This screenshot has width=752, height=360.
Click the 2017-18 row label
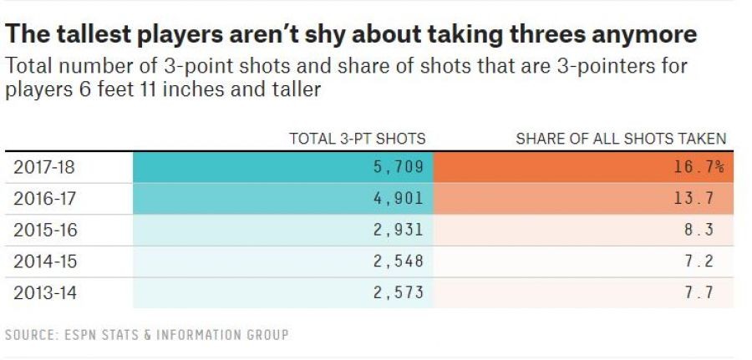point(43,167)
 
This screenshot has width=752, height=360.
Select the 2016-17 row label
point(43,199)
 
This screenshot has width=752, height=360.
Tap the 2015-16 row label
point(43,230)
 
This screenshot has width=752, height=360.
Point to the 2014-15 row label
point(43,261)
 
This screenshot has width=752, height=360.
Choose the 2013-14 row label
point(43,292)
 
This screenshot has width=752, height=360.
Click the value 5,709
point(395,167)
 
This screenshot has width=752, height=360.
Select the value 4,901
point(395,199)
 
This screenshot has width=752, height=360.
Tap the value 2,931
point(395,230)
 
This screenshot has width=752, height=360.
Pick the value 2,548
point(395,261)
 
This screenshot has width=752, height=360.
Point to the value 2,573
point(395,292)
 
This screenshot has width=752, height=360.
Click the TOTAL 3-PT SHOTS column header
point(358,139)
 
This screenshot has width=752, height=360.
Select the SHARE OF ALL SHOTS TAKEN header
point(621,139)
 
